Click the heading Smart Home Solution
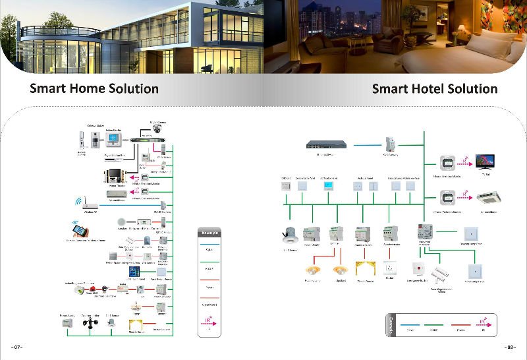[94, 88]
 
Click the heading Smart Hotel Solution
[434, 88]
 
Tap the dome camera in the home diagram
[157, 129]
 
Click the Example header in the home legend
[209, 233]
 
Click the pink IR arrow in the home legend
[209, 321]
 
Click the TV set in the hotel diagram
[485, 162]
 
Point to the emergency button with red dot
[416, 270]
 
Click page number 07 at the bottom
[17, 347]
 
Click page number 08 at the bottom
[509, 347]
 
